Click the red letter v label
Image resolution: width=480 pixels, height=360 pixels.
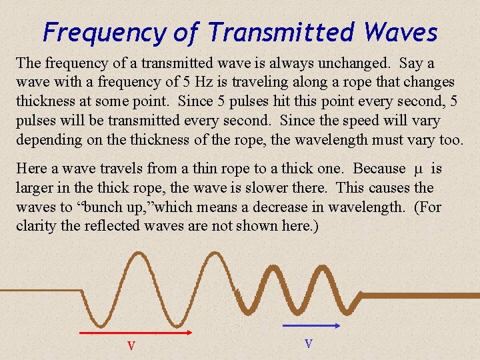point(131,346)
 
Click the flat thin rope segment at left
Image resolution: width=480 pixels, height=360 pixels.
point(40,291)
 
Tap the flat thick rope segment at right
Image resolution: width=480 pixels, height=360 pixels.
point(420,293)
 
